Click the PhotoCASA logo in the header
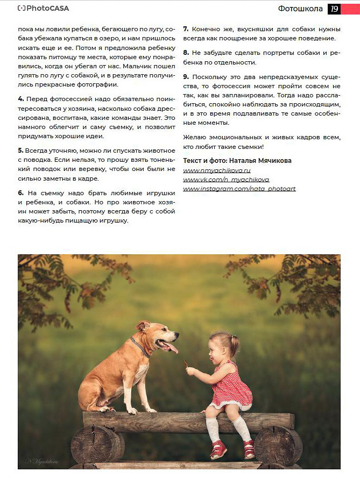coord(43,9)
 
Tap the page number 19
coord(334,9)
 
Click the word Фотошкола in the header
coord(300,9)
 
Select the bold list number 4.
coord(20,99)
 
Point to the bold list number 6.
coord(20,192)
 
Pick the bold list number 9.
coord(186,77)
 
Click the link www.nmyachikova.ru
coord(217,170)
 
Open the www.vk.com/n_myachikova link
coord(226,180)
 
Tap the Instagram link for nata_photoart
coord(239,189)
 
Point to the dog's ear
coord(142,326)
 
